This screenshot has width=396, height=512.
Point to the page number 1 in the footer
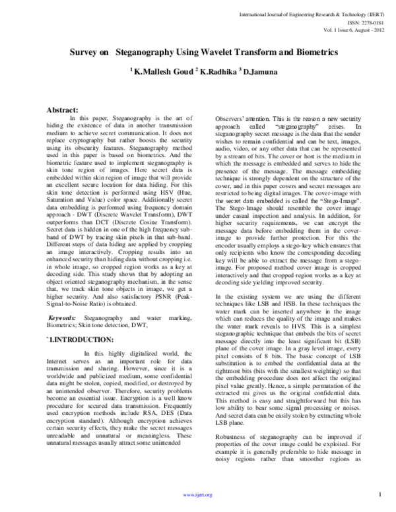coord(381,494)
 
